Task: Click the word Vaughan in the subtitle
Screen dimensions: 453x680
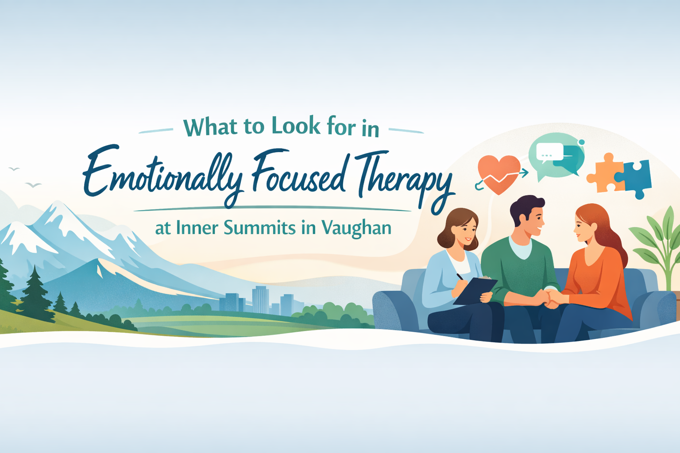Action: [x=356, y=228]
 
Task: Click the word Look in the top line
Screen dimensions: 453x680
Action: [x=295, y=127]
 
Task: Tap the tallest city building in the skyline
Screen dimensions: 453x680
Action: [x=260, y=298]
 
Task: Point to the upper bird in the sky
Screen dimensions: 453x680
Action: [x=14, y=169]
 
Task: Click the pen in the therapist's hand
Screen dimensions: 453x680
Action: [x=460, y=276]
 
